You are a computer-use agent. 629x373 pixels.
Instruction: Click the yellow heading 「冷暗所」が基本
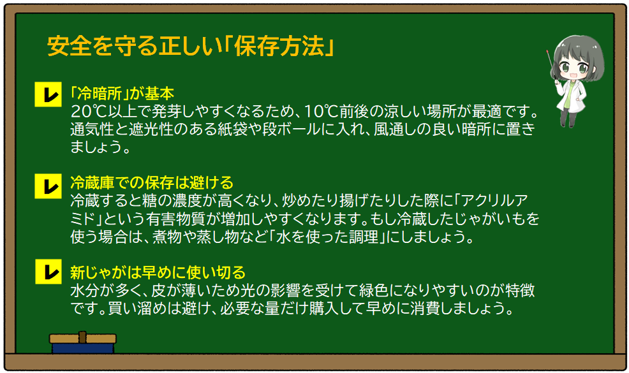tap(122, 94)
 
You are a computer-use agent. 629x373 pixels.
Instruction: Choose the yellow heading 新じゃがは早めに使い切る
tap(158, 274)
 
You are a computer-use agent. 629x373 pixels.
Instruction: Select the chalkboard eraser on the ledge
tap(83, 343)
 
